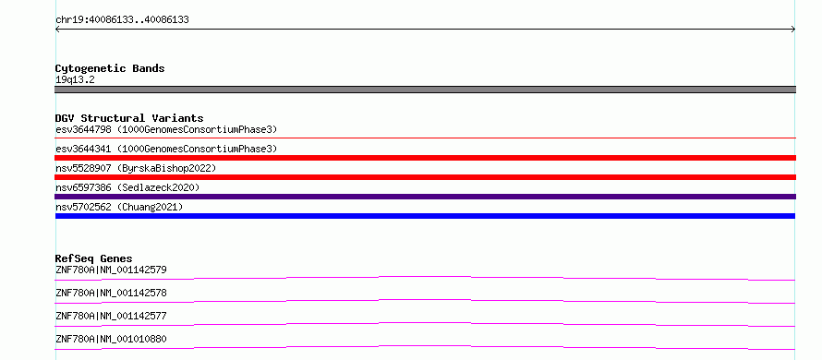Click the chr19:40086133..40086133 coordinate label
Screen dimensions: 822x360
(122, 20)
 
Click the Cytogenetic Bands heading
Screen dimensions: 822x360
(110, 68)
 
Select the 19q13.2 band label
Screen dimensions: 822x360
(75, 80)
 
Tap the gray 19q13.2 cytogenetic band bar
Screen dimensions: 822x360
(425, 90)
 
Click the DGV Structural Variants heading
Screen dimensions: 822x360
(129, 118)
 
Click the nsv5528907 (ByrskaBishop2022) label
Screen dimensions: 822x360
(136, 168)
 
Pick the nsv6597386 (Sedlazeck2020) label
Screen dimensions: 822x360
(127, 187)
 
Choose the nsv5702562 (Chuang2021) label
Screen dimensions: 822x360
(119, 207)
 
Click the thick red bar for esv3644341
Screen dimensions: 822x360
(425, 158)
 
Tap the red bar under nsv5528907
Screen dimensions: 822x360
(425, 177)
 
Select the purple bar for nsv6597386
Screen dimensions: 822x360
(425, 197)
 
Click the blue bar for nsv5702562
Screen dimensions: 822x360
(425, 216)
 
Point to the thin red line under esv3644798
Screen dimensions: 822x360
(425, 138)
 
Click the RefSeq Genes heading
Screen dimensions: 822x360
(93, 258)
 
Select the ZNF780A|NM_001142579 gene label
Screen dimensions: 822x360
(111, 270)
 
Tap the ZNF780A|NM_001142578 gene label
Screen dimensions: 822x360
(111, 293)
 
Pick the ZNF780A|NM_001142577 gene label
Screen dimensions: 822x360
(111, 316)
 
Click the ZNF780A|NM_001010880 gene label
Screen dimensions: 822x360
(111, 339)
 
